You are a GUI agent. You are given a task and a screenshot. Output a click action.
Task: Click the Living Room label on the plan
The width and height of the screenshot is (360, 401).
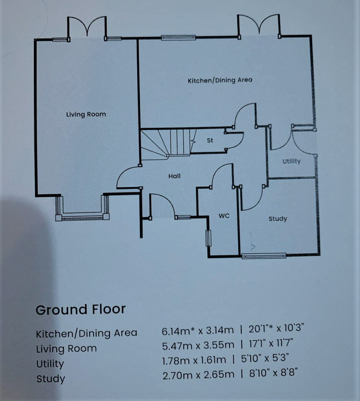86,114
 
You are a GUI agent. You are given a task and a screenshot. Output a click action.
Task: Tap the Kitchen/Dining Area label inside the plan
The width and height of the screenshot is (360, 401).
220,80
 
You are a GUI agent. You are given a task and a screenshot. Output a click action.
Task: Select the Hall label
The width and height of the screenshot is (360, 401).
174,176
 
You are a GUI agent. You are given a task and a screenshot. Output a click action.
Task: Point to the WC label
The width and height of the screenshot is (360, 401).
224,216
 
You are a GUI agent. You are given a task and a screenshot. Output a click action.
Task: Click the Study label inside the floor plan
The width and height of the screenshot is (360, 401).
277,219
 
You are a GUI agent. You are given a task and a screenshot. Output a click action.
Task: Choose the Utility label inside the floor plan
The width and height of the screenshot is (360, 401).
291,161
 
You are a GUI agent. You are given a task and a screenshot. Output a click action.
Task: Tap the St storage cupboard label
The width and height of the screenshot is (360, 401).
210,140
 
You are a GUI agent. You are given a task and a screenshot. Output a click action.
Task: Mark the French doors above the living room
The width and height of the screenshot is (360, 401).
87,28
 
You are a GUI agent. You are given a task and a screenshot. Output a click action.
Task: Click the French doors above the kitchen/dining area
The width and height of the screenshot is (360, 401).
259,26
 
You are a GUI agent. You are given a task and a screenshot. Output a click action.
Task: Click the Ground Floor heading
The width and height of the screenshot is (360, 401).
80,310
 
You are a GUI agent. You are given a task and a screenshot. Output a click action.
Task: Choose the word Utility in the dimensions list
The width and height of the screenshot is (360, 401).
50,364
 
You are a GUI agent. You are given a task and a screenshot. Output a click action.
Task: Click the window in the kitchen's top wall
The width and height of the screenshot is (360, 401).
178,37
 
